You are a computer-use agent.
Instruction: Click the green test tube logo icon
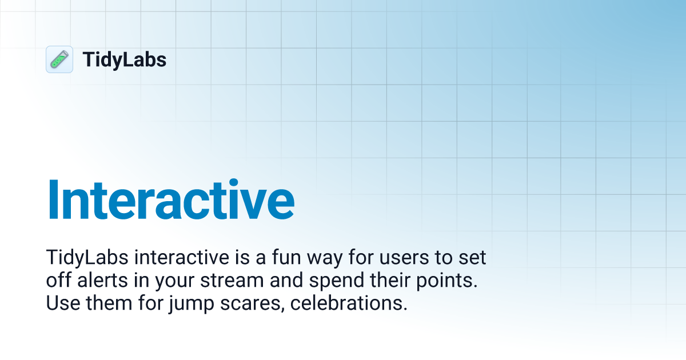click(59, 59)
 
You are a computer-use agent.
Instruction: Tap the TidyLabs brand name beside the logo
click(125, 59)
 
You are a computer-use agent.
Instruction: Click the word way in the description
click(322, 258)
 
